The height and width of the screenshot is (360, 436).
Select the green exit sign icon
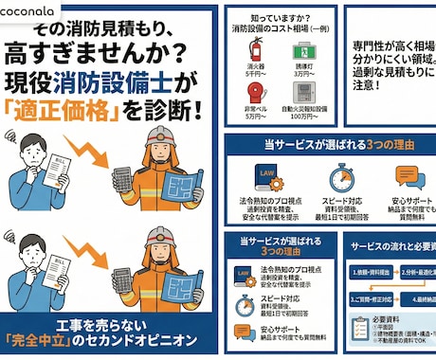click(304, 47)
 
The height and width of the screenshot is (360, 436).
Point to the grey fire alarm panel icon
click(304, 91)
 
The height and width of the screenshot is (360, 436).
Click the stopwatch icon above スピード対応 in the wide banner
click(340, 177)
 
